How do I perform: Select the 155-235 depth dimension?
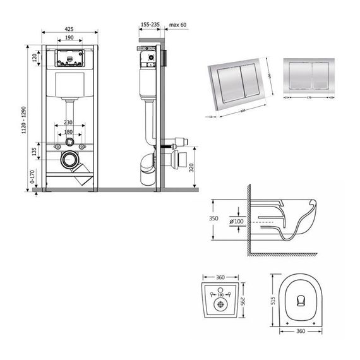coord(150,23)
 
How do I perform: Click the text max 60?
coord(179,23)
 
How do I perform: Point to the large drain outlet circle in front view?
coord(69,160)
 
